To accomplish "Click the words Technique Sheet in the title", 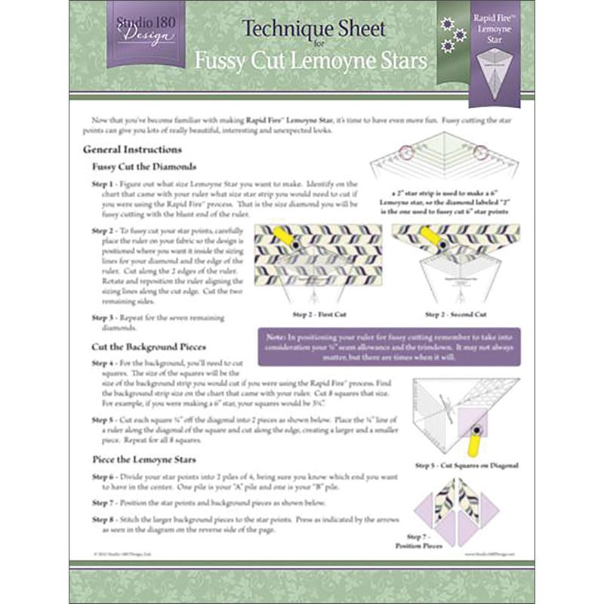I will [313, 29].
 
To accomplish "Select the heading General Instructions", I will [132, 149].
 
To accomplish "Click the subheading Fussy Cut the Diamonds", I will [144, 166].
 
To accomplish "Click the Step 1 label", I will [104, 184].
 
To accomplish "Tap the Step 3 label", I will [104, 318].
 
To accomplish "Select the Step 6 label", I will [104, 478].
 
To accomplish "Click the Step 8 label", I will [104, 519].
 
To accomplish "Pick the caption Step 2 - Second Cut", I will [455, 313].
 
